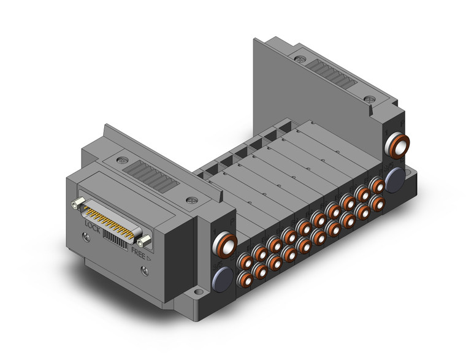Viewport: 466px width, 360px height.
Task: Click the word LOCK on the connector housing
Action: tap(93, 226)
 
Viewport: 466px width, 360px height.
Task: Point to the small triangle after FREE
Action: tap(149, 258)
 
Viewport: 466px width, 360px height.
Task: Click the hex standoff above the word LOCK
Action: tap(77, 202)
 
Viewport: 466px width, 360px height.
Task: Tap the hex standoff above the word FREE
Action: tap(145, 240)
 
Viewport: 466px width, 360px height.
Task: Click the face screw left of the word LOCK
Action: tap(86, 237)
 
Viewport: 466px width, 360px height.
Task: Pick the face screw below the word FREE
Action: tap(145, 271)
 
